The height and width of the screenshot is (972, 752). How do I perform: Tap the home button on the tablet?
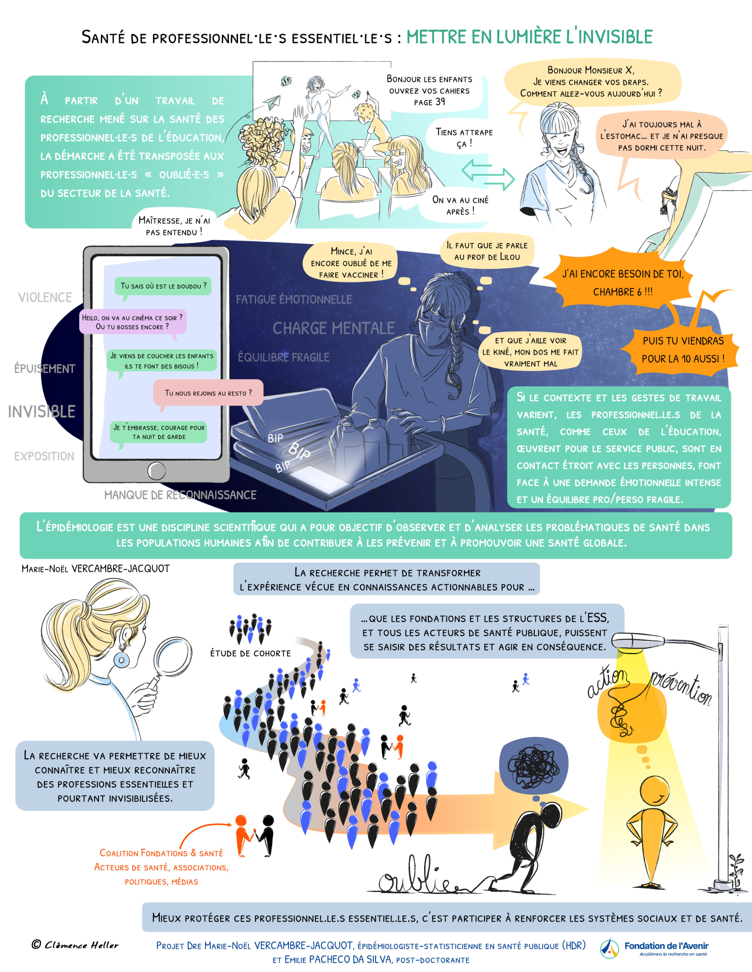click(157, 470)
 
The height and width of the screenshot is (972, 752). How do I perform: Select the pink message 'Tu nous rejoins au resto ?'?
click(208, 393)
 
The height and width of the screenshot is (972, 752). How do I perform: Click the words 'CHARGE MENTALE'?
click(333, 328)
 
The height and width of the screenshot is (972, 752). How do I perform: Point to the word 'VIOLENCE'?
click(45, 297)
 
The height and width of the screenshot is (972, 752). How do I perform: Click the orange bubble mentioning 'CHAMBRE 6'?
click(622, 282)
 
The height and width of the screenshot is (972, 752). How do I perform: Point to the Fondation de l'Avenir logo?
click(654, 947)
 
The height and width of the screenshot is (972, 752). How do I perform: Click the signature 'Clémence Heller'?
click(76, 944)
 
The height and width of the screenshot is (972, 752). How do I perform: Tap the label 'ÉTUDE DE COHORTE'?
click(250, 653)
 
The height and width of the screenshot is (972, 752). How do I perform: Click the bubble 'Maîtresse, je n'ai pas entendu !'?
click(174, 226)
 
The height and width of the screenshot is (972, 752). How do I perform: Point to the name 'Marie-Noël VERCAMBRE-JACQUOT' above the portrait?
click(96, 568)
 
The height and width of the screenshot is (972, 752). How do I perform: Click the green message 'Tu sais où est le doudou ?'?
click(163, 286)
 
